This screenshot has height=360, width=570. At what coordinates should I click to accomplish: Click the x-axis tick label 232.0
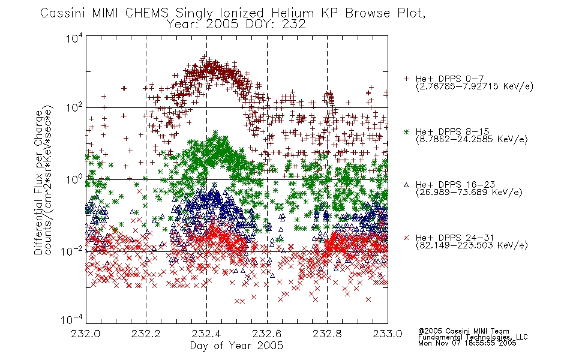85,334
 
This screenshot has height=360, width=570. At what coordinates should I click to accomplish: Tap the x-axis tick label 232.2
146,334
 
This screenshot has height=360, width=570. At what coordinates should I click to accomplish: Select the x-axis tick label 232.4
206,334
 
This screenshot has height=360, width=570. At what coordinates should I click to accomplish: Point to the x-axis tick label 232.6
267,334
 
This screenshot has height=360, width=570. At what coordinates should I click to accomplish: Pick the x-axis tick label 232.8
327,334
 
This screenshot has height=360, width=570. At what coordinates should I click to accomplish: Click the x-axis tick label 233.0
388,334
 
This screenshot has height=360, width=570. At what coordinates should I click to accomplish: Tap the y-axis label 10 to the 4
74,38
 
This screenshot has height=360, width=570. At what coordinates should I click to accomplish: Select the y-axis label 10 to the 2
74,108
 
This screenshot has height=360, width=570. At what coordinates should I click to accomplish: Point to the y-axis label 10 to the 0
74,179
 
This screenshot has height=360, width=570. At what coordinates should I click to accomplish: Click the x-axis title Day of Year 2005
236,346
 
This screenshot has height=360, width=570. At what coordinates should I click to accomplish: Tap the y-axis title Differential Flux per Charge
38,182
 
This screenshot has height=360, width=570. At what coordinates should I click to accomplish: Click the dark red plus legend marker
406,79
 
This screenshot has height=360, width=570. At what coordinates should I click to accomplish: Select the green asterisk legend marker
406,131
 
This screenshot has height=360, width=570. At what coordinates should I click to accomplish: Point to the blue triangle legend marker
406,185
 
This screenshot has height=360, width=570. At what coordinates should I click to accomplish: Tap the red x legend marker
406,238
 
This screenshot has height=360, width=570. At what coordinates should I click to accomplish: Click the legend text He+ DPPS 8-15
452,131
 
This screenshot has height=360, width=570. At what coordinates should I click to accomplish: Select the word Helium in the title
293,13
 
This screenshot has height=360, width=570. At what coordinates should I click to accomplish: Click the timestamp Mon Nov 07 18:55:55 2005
467,343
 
